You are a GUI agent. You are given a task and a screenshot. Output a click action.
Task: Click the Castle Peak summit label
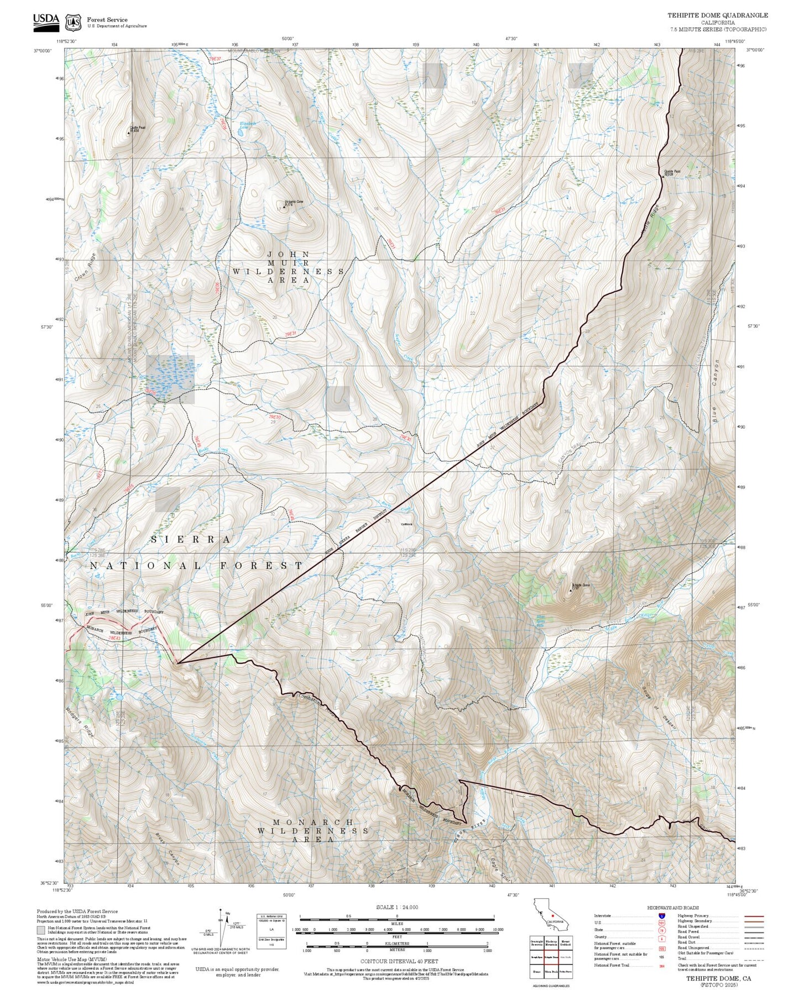click(x=134, y=129)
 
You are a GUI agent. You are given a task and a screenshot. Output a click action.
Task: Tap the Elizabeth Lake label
click(x=247, y=125)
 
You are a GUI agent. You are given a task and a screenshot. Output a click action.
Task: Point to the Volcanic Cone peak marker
click(x=284, y=206)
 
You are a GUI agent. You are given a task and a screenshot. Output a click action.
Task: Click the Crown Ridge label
click(x=85, y=267)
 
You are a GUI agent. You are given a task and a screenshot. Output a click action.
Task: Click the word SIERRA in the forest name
click(x=191, y=539)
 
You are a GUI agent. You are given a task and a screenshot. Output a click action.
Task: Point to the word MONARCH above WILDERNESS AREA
click(x=313, y=822)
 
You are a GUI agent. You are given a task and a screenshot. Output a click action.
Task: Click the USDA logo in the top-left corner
click(x=45, y=21)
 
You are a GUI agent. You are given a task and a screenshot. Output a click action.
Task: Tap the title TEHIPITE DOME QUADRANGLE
click(x=717, y=15)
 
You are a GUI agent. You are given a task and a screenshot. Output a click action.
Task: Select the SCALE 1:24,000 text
click(x=396, y=907)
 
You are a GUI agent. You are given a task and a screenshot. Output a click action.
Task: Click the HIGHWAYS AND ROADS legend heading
click(x=672, y=908)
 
